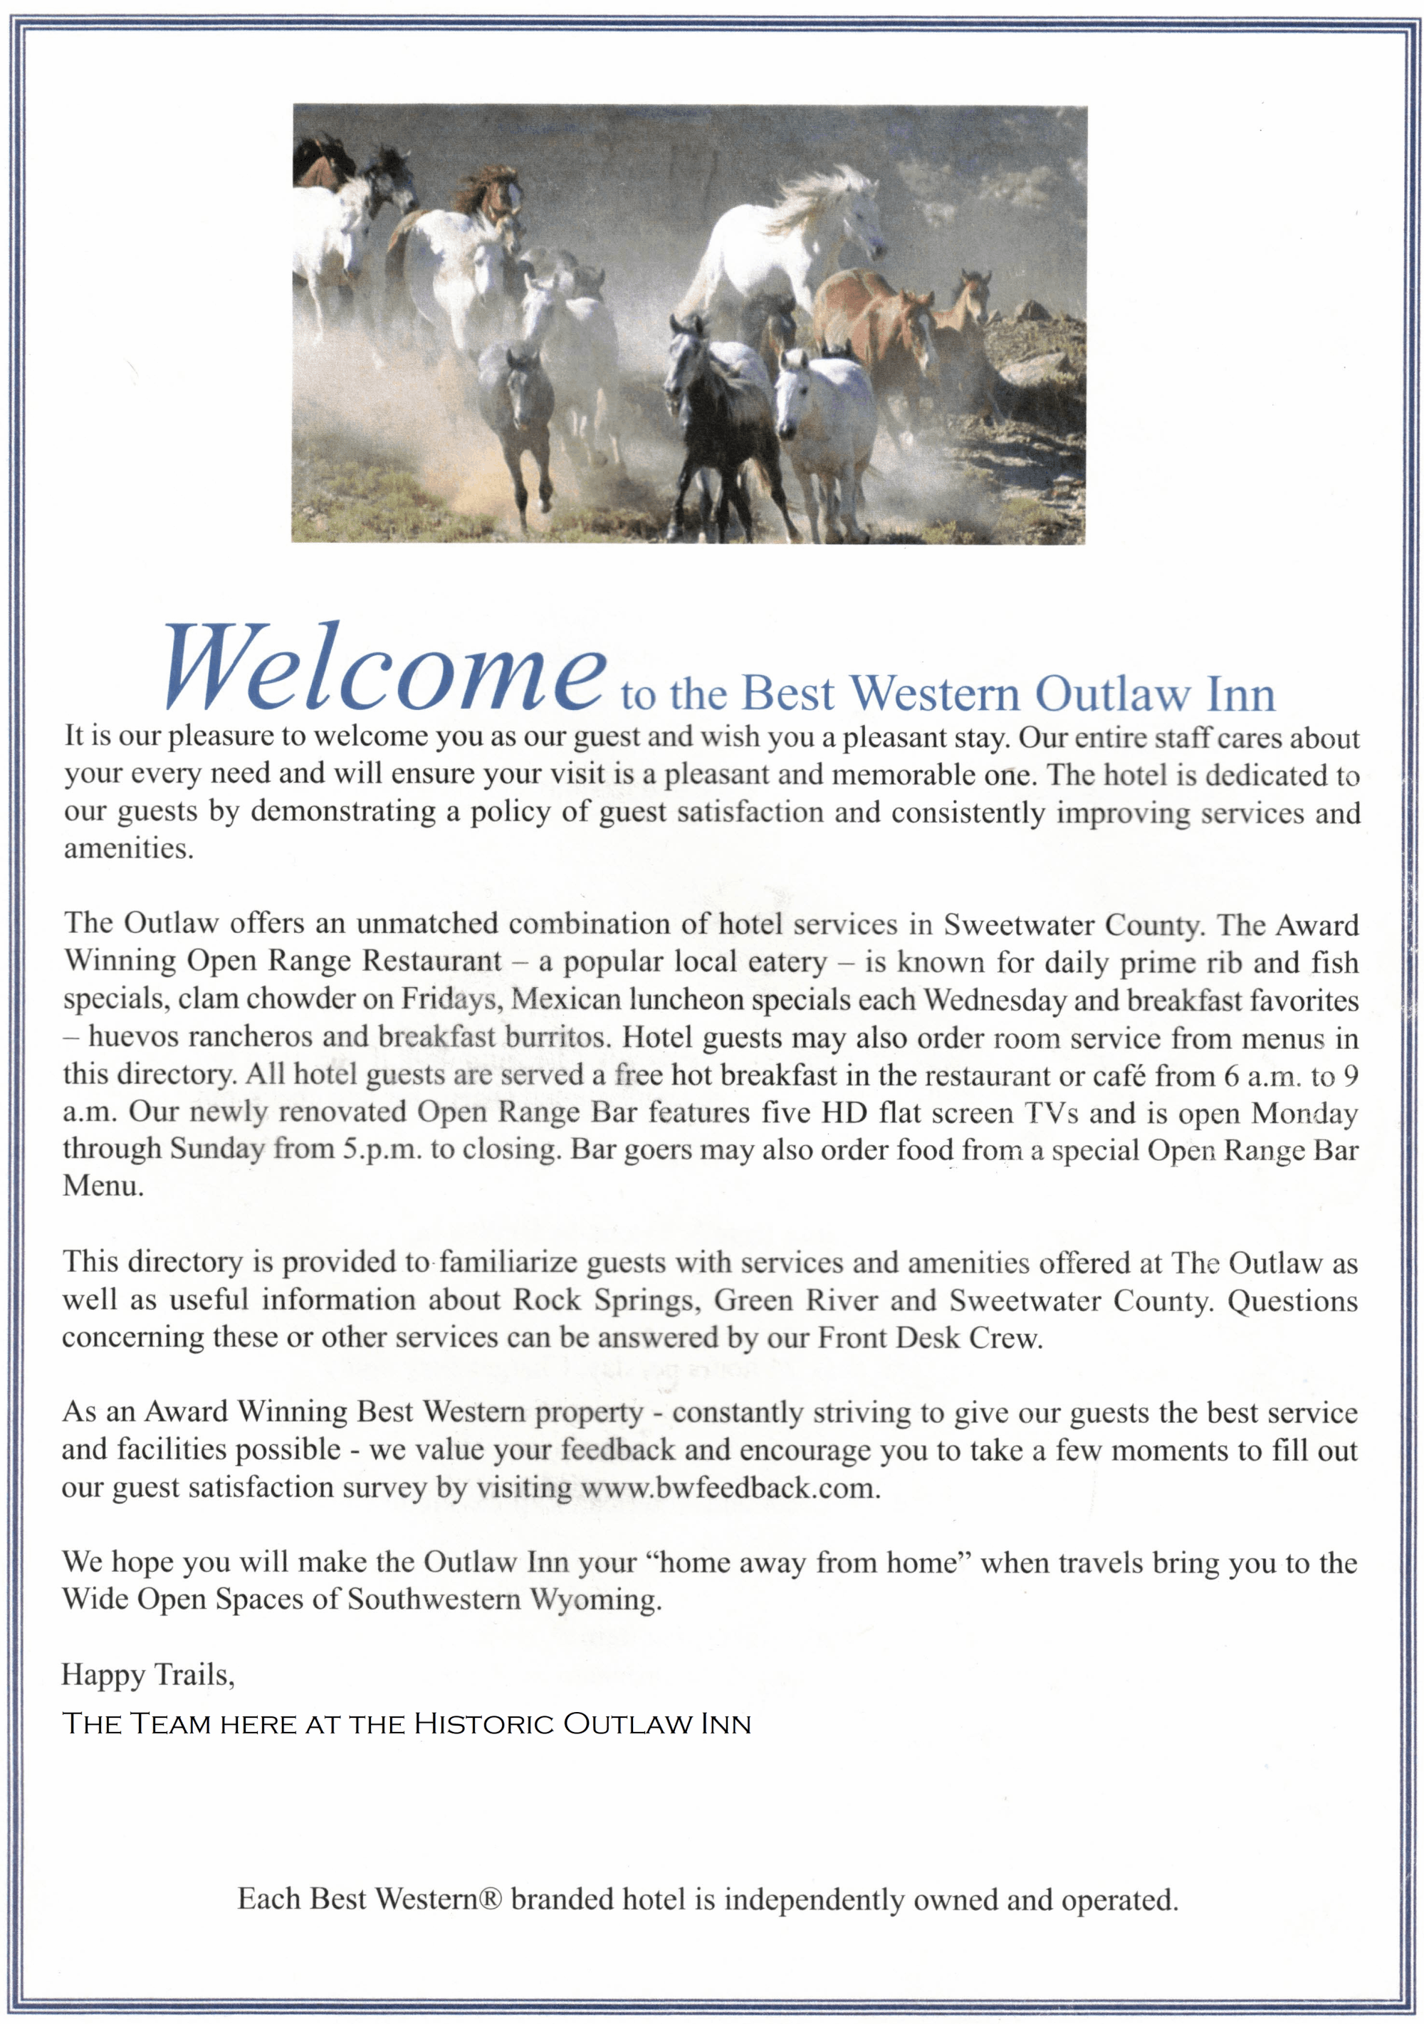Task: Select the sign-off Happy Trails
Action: coord(148,1675)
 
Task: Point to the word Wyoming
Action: coord(595,1600)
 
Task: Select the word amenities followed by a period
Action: coord(127,848)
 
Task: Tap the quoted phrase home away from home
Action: coord(808,1563)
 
